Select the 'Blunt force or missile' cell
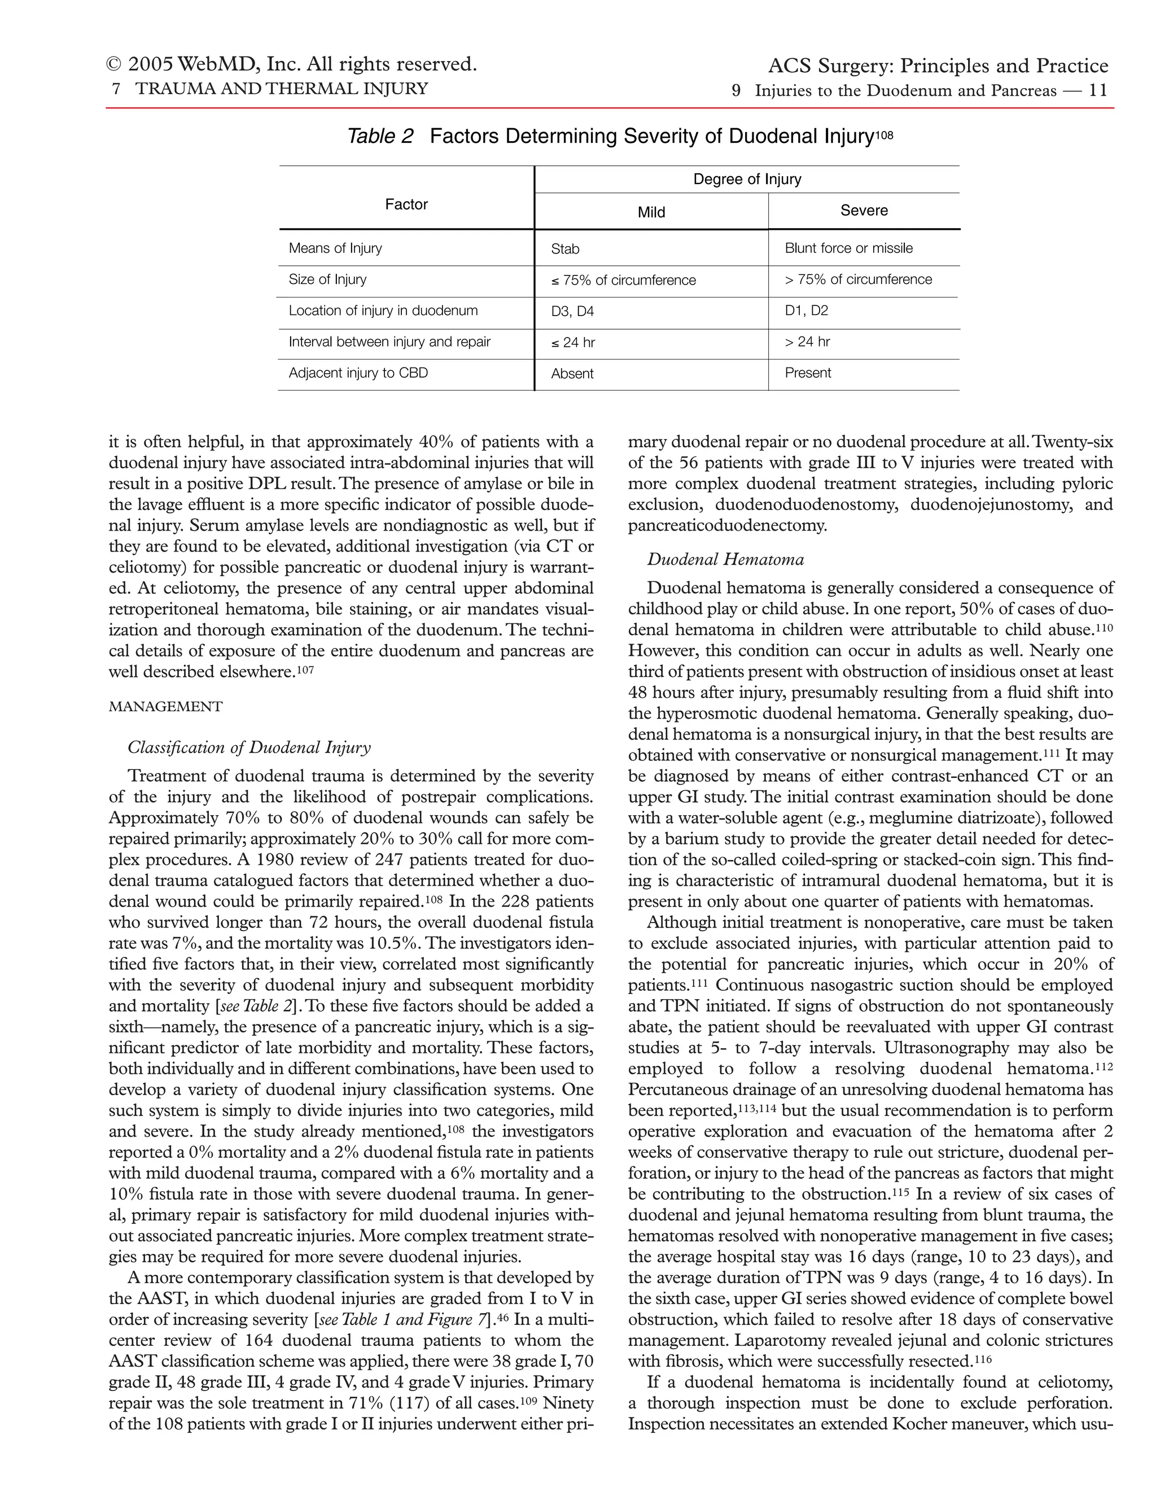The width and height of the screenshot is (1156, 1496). pos(848,248)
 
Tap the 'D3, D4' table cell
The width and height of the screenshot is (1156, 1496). pos(572,312)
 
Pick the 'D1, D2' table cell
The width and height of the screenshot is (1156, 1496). pos(806,311)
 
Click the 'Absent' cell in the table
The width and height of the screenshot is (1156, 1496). pos(572,374)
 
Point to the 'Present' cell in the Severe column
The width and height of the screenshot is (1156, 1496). pos(807,373)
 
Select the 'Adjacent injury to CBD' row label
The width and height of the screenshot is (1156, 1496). pos(358,373)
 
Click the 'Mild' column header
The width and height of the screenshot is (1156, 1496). pos(651,212)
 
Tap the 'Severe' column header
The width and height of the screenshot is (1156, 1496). pos(864,211)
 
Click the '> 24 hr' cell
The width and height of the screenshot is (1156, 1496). pos(807,342)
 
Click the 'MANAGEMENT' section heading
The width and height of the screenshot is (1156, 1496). pos(166,707)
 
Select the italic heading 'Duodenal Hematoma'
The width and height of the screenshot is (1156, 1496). pos(725,559)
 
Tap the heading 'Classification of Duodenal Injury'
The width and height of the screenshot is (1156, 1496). pos(249,747)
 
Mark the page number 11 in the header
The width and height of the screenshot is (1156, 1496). pos(1098,91)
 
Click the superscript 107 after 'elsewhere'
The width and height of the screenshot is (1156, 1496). pos(305,669)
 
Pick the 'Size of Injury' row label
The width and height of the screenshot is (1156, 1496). pos(327,279)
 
